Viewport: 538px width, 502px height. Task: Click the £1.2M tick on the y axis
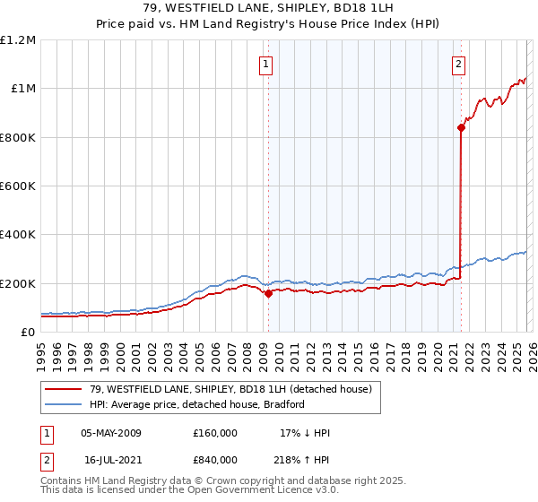19,40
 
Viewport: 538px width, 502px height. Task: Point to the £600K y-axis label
19,186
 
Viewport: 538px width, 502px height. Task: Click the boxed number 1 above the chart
267,64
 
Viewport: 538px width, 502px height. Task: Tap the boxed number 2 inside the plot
458,64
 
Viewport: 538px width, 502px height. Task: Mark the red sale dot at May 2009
267,293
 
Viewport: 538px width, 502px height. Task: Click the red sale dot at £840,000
461,127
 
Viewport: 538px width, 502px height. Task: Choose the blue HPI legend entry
196,404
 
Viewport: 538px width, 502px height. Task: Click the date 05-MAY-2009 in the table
111,433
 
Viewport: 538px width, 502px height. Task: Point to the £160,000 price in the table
215,433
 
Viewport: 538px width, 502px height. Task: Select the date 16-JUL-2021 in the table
110,459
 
